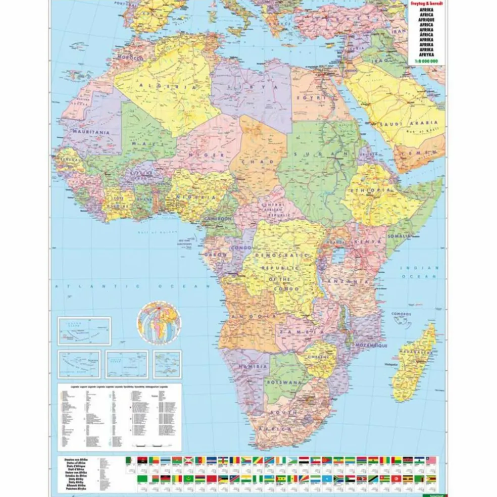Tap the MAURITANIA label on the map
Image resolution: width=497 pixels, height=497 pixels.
click(91, 132)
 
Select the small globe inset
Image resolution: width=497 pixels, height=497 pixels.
click(158, 321)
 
